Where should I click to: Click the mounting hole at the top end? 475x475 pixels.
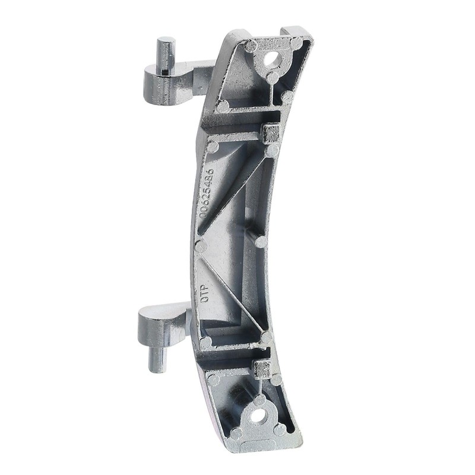(x=272, y=58)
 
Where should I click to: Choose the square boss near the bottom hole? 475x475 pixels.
(x=261, y=368)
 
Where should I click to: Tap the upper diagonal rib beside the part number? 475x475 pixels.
(x=237, y=190)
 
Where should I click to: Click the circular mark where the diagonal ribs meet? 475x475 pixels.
(x=201, y=246)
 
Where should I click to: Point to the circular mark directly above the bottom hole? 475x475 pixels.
(x=259, y=399)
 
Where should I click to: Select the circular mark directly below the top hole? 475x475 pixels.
(x=272, y=77)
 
